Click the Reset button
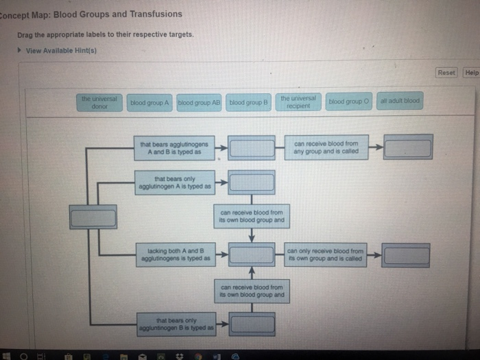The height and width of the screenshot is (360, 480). [446, 72]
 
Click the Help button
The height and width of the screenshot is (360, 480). [471, 72]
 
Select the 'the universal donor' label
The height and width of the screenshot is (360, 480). [99, 102]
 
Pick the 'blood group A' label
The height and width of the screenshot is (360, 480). [149, 102]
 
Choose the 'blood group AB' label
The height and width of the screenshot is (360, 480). [199, 102]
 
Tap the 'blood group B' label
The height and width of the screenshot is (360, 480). [248, 102]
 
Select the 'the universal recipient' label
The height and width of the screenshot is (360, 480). [298, 102]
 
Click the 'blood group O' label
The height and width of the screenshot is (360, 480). [349, 101]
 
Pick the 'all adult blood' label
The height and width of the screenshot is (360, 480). [399, 101]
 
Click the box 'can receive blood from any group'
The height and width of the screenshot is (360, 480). [326, 147]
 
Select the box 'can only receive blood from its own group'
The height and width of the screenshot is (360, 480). [326, 254]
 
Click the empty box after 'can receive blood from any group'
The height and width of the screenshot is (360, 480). [407, 147]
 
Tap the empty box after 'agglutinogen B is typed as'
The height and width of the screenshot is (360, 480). [252, 324]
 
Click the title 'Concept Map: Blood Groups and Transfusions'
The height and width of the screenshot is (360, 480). [93, 14]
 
